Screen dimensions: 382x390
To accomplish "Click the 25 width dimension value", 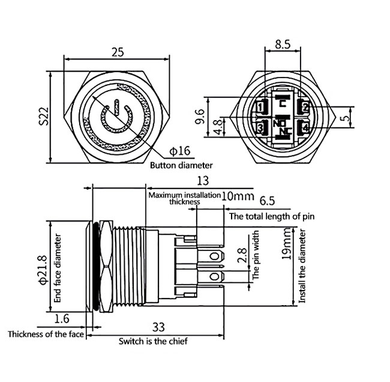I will [118, 52].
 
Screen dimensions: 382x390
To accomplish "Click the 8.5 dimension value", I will [283, 44].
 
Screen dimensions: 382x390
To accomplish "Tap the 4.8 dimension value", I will [219, 126].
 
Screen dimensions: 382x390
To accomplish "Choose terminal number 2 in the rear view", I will [305, 108].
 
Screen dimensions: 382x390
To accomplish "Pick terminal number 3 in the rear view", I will [260, 127].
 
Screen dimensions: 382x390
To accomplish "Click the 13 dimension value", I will [202, 181].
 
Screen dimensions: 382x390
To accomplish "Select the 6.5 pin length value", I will [268, 201].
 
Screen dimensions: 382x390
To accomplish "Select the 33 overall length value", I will [158, 327].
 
